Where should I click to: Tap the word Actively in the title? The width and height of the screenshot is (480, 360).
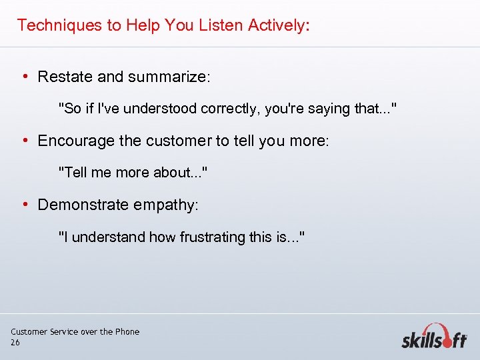coord(277,25)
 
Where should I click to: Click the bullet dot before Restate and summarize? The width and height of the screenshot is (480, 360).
coord(25,77)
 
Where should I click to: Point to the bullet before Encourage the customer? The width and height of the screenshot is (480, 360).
coord(25,141)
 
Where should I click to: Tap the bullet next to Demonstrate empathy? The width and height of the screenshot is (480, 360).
coord(25,204)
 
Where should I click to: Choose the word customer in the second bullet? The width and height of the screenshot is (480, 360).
coord(176,141)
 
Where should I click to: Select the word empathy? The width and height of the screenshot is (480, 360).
coord(164,205)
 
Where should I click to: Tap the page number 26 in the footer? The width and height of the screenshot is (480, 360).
coord(15,342)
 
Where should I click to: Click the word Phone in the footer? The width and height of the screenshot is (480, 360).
coord(127,331)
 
